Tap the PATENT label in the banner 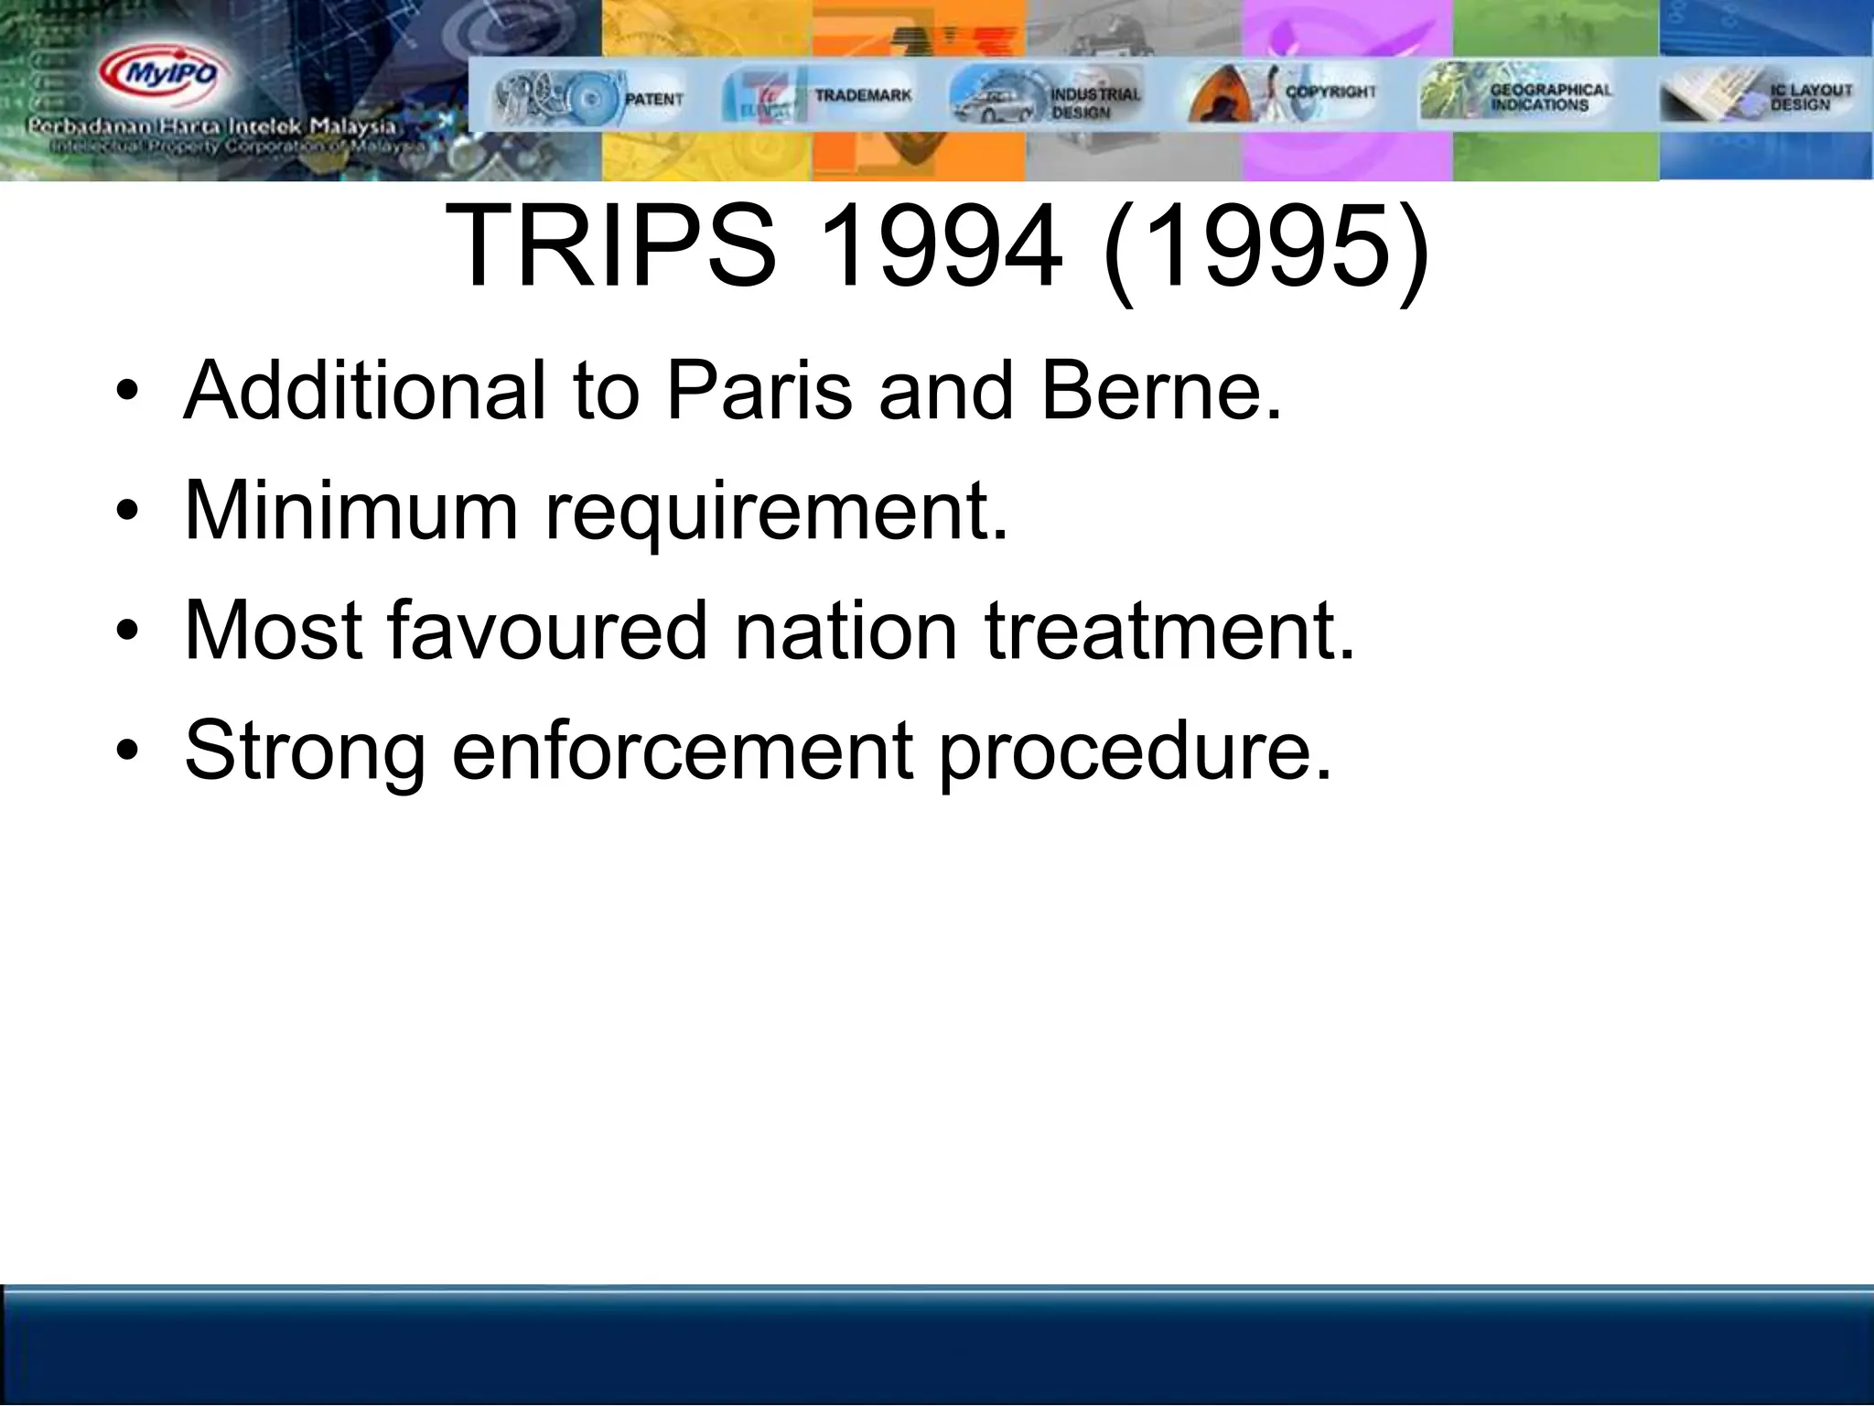click(653, 99)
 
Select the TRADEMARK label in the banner click(863, 95)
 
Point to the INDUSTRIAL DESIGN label click(1094, 103)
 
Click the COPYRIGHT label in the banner click(1330, 92)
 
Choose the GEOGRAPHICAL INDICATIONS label click(1550, 97)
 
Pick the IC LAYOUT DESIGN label click(1810, 97)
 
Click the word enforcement click(683, 750)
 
